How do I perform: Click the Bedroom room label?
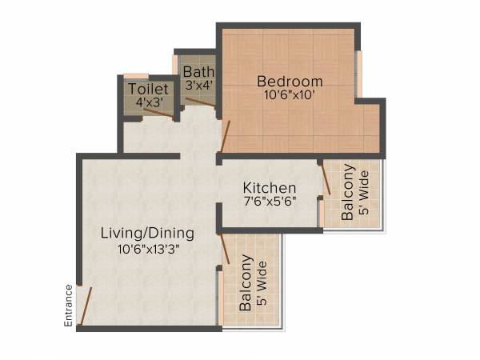[x=290, y=82]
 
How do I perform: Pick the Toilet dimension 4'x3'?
[x=148, y=103]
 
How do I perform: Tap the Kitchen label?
[x=270, y=188]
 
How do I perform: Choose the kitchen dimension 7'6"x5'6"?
[x=270, y=202]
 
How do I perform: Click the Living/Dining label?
[x=147, y=234]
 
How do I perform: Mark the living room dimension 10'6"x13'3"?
[x=147, y=248]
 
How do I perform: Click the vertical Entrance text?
[x=69, y=306]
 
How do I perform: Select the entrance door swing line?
[x=85, y=304]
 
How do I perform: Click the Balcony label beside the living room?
[x=246, y=283]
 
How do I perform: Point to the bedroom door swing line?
[x=225, y=137]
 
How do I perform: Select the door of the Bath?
[x=199, y=102]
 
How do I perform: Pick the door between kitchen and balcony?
[x=325, y=178]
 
